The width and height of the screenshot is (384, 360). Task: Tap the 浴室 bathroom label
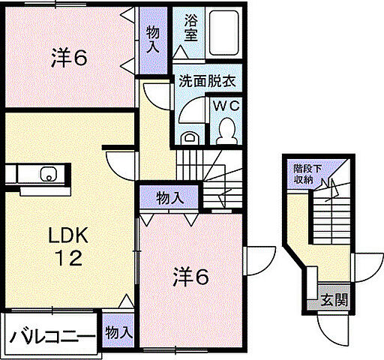pyautogui.click(x=191, y=29)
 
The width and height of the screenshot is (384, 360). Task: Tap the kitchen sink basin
pyautogui.click(x=49, y=176)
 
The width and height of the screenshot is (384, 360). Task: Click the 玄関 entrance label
pyautogui.click(x=334, y=301)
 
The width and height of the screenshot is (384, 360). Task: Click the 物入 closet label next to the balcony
pyautogui.click(x=118, y=331)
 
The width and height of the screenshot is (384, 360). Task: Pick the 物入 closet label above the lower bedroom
pyautogui.click(x=169, y=197)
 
